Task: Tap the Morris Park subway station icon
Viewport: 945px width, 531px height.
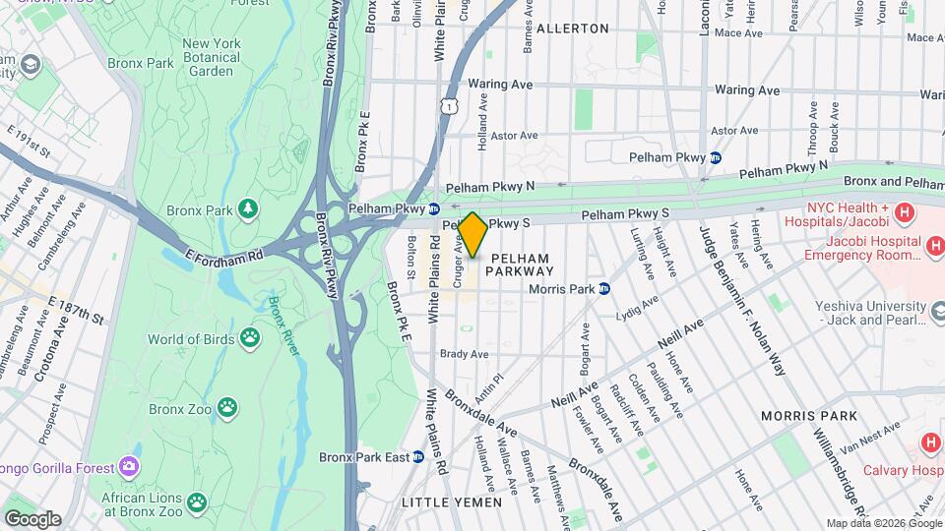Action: (x=605, y=289)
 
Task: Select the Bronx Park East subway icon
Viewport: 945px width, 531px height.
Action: (x=418, y=457)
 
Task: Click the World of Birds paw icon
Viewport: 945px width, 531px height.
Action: (x=251, y=339)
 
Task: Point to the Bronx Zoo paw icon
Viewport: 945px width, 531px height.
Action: (x=227, y=407)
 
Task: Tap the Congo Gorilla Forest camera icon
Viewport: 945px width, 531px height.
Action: (x=128, y=465)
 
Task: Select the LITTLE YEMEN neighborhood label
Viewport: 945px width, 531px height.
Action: (x=453, y=502)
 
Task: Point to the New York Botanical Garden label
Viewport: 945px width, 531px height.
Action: (x=212, y=57)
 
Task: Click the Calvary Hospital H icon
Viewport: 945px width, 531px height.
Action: (x=929, y=443)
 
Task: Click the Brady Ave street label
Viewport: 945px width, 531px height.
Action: (x=465, y=355)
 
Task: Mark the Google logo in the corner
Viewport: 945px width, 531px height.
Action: (x=31, y=518)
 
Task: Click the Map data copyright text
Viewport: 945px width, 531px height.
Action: (x=884, y=523)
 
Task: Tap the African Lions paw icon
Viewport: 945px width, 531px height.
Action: (x=198, y=502)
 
